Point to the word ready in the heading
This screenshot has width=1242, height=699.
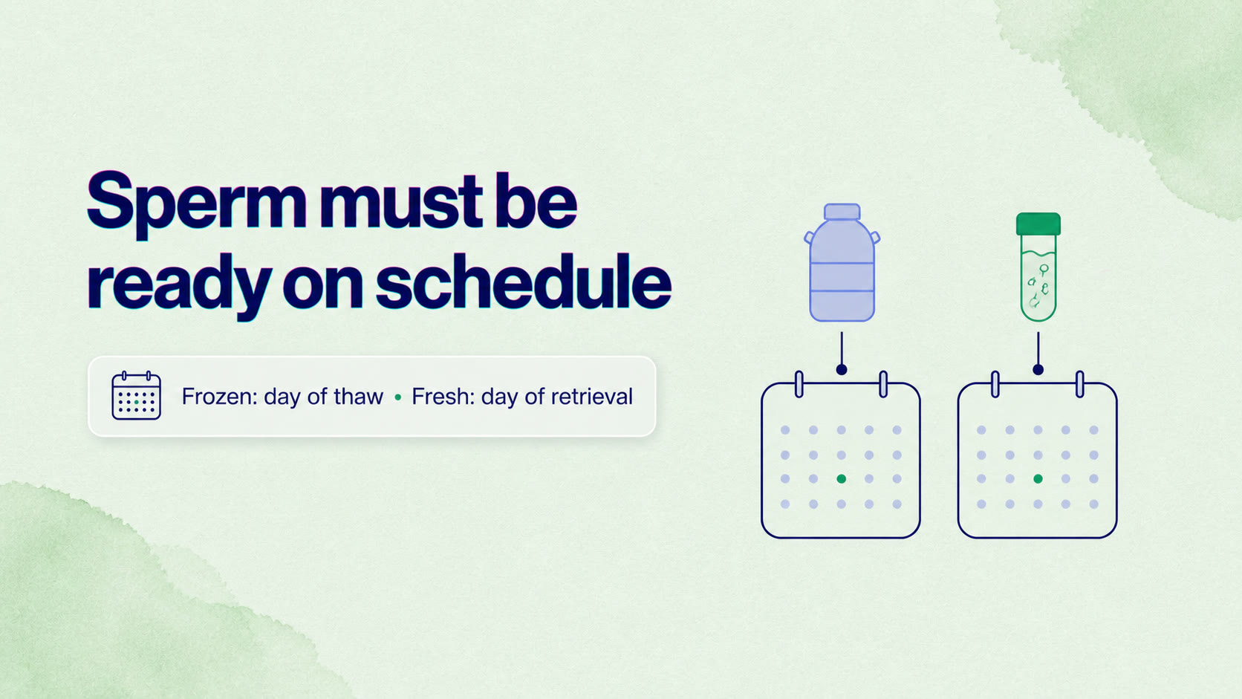point(179,287)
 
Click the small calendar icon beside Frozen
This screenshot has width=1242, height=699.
point(137,396)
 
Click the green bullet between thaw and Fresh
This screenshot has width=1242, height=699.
point(397,397)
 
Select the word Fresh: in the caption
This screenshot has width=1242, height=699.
point(443,397)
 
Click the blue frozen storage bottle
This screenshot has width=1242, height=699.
point(842,263)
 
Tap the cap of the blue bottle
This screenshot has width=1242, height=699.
point(842,212)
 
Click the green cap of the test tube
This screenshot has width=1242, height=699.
point(1038,224)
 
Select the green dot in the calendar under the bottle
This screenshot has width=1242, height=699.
point(841,479)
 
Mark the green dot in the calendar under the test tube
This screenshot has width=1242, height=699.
point(1038,479)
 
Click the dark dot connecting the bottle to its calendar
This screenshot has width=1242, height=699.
point(842,370)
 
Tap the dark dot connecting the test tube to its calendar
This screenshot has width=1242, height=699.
point(1038,370)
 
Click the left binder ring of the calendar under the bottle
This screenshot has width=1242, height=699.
point(799,384)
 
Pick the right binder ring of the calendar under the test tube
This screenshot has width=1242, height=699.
point(1080,384)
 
